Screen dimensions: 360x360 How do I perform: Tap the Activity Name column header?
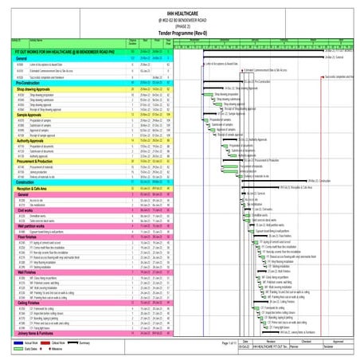(37, 38)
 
